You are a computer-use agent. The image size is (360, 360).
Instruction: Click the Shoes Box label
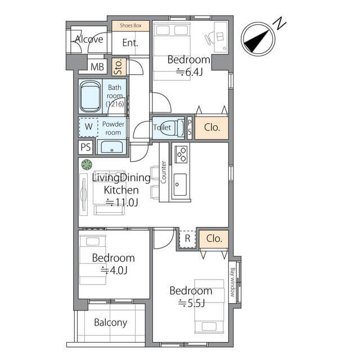pyautogui.click(x=130, y=25)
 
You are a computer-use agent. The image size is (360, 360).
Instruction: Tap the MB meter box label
pyautogui.click(x=97, y=67)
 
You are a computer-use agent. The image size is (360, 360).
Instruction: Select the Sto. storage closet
pyautogui.click(x=119, y=67)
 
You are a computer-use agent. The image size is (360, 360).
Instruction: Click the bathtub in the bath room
pyautogui.click(x=90, y=96)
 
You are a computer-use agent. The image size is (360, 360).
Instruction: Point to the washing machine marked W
pyautogui.click(x=88, y=127)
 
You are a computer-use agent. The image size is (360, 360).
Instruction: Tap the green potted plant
pyautogui.click(x=87, y=165)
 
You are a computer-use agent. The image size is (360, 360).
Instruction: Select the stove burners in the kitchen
pyautogui.click(x=181, y=154)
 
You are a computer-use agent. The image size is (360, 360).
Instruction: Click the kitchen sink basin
pyautogui.click(x=180, y=184)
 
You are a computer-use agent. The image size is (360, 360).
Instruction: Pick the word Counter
pyautogui.click(x=164, y=172)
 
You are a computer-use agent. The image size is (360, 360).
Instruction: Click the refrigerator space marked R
pyautogui.click(x=187, y=238)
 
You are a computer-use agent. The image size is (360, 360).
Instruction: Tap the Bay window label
pyautogui.click(x=232, y=282)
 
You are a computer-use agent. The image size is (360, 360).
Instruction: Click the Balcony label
pyautogui.click(x=110, y=322)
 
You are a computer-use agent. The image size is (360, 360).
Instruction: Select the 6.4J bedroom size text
pyautogui.click(x=190, y=72)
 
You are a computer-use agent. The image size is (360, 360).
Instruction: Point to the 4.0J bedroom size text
pyautogui.click(x=114, y=270)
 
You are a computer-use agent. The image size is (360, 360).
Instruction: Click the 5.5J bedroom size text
pyautogui.click(x=191, y=303)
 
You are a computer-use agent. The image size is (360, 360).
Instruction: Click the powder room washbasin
pyautogui.click(x=112, y=147)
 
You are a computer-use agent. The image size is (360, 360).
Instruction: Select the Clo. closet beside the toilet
pyautogui.click(x=211, y=128)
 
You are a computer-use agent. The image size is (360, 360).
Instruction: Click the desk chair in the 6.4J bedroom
pyautogui.click(x=209, y=38)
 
